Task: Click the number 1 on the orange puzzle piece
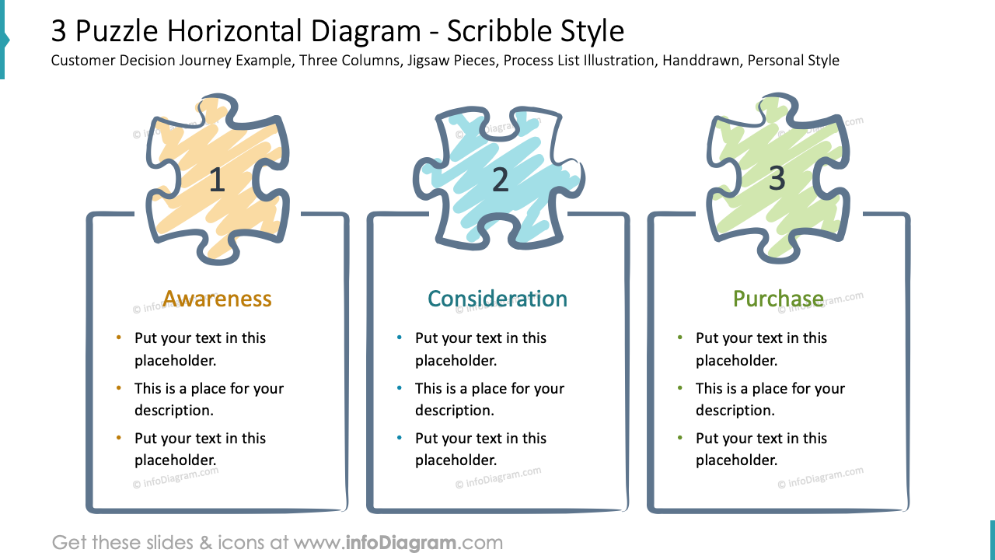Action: coord(217,180)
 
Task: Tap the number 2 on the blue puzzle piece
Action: coord(501,180)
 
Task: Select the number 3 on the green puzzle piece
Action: coord(777,179)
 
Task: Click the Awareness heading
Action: coord(217,299)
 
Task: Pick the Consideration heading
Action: coord(497,299)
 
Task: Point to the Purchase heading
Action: coord(778,299)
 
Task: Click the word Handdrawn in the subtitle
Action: coord(700,61)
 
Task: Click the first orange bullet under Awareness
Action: coord(119,338)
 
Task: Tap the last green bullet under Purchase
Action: coord(680,438)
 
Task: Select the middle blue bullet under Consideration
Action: coord(400,388)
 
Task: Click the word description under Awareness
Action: coord(173,410)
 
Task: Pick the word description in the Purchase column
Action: coord(735,410)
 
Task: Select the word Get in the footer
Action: coord(69,542)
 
